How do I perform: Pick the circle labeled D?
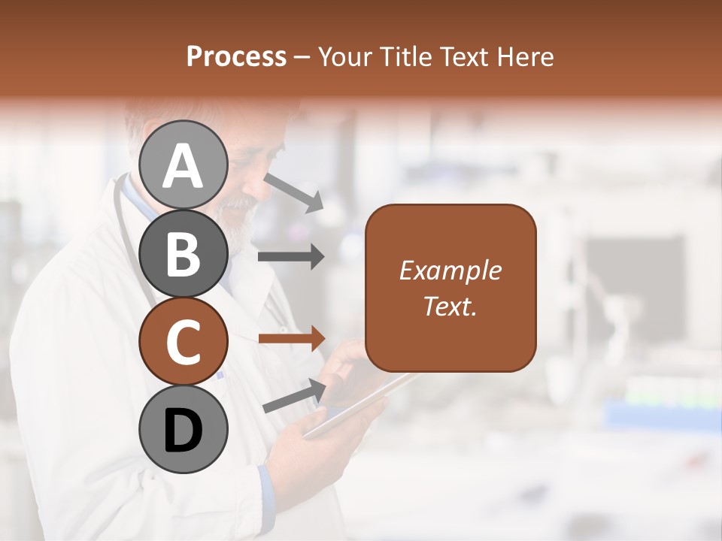click(x=183, y=429)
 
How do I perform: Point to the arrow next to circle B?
click(x=291, y=256)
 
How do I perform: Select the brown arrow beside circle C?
click(x=291, y=339)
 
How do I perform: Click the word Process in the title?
click(x=236, y=56)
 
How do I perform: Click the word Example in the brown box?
click(x=450, y=270)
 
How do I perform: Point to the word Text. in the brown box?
click(x=450, y=306)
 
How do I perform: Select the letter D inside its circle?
click(x=183, y=431)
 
